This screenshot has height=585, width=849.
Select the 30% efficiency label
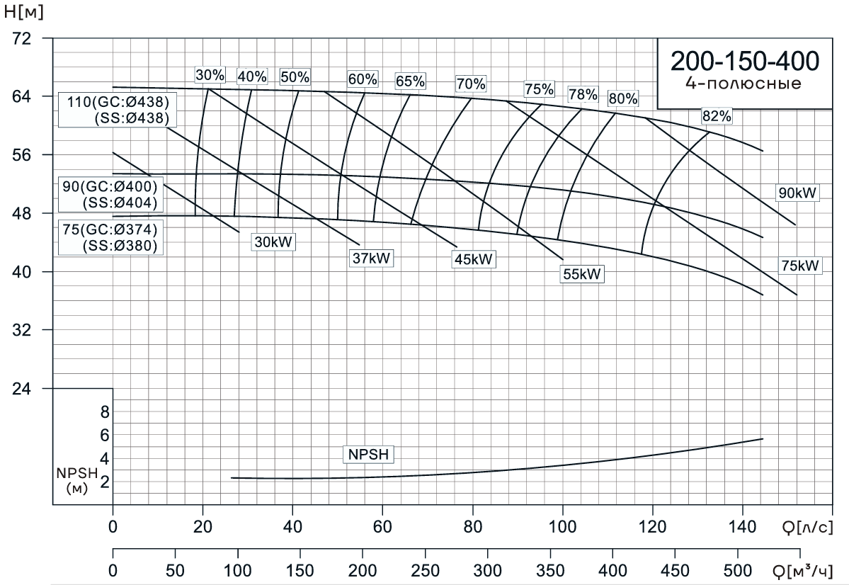pyautogui.click(x=210, y=75)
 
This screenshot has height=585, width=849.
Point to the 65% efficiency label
pyautogui.click(x=410, y=81)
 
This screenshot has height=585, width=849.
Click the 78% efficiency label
pyautogui.click(x=583, y=94)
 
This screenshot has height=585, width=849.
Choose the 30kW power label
pyautogui.click(x=274, y=242)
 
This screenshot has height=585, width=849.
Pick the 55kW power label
pyautogui.click(x=582, y=274)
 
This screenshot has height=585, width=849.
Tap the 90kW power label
pyautogui.click(x=797, y=193)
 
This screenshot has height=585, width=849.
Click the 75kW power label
pyautogui.click(x=799, y=266)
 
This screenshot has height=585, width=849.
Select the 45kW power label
pyautogui.click(x=474, y=259)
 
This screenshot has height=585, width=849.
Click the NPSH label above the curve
pyautogui.click(x=369, y=455)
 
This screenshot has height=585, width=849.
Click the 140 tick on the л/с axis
pyautogui.click(x=742, y=527)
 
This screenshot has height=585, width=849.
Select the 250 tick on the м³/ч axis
pyautogui.click(x=425, y=570)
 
